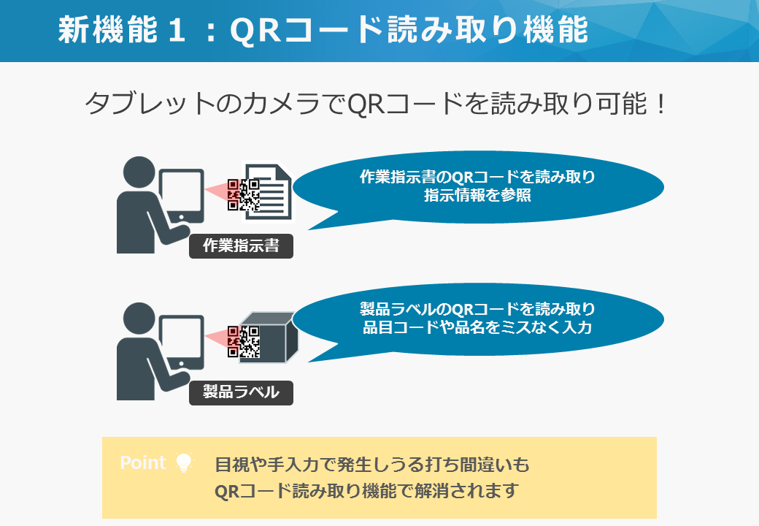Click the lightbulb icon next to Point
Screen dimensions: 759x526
coord(184,462)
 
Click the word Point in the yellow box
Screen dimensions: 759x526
coord(143,462)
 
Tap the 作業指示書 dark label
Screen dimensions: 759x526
coord(241,246)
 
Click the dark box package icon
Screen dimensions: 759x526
coord(268,338)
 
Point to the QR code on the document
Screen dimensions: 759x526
coord(244,195)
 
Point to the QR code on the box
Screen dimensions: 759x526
coord(244,341)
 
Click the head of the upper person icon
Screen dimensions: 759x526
coord(139,172)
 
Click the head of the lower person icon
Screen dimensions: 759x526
coord(139,319)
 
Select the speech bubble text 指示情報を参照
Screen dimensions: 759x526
coord(478,195)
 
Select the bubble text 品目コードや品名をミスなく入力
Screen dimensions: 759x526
coord(478,327)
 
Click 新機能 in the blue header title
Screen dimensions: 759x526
coord(108,29)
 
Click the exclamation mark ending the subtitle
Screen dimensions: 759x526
coord(659,104)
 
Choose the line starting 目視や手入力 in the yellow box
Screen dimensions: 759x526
coord(372,465)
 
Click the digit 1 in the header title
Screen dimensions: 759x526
coord(176,30)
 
